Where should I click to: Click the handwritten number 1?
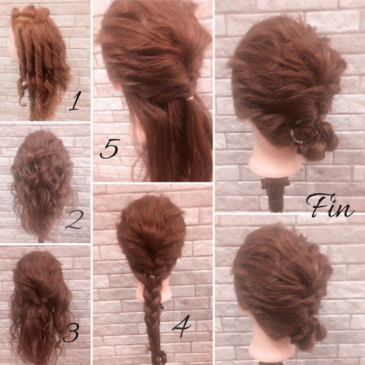point(74,102)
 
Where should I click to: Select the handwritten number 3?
point(71,333)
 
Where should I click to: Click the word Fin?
point(329,206)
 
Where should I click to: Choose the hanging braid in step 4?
point(153,309)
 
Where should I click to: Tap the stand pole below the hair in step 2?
point(41,240)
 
